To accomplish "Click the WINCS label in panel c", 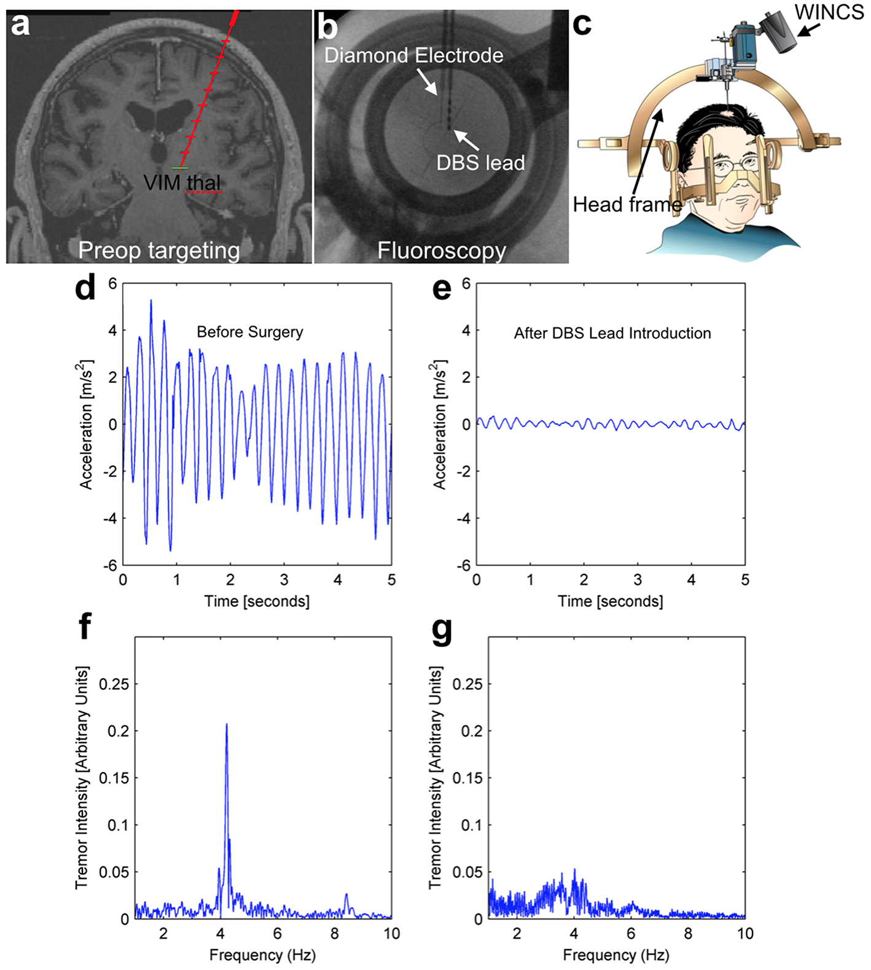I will click(x=829, y=12).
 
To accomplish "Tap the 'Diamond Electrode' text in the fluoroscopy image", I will click(x=413, y=56).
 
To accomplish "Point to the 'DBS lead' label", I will click(x=480, y=163).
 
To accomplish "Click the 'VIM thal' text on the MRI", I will click(x=181, y=182).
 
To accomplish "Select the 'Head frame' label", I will click(x=627, y=204).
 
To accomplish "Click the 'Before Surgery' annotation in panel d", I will click(x=249, y=332).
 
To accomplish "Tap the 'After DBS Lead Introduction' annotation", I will click(x=612, y=334).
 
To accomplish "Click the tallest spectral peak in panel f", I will click(x=227, y=726).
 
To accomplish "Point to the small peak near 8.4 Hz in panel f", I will click(x=346, y=895).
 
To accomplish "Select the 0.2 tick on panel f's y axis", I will click(x=118, y=731).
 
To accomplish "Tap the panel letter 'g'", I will click(x=442, y=630).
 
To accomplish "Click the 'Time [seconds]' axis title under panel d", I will click(x=257, y=601).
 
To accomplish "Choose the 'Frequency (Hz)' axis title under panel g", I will click(x=615, y=955).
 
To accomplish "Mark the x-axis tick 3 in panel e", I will click(x=638, y=580).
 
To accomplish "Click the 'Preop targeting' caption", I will click(x=158, y=251).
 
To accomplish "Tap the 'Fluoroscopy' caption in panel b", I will click(x=441, y=251).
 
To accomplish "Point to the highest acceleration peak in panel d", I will click(x=151, y=301).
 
